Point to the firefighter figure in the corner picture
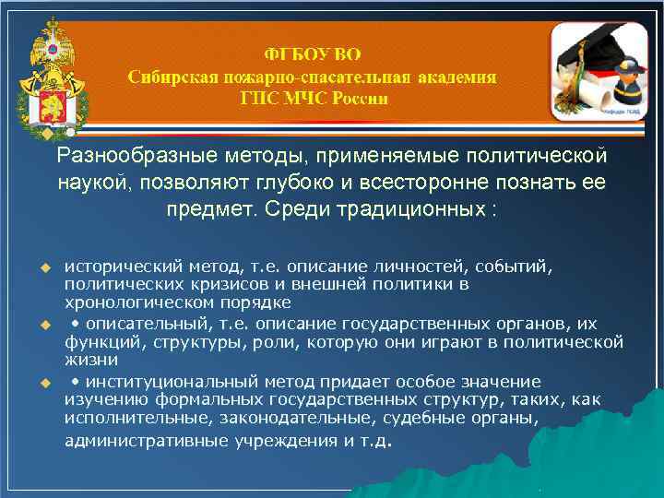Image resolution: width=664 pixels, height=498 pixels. coord(623,88)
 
